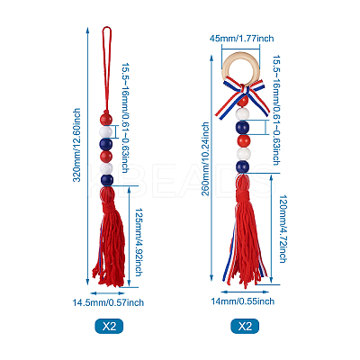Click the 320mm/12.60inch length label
click(x=76, y=145)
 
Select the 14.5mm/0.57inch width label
click(x=108, y=302)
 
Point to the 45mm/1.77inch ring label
click(x=241, y=39)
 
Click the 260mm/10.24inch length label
click(x=205, y=158)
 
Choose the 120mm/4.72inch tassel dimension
click(x=283, y=229)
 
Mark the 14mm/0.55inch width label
click(x=242, y=301)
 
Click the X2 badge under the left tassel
click(x=109, y=326)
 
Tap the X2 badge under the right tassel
click(x=245, y=326)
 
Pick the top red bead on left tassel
click(x=106, y=119)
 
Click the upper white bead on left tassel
click(x=106, y=131)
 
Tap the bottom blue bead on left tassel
click(x=107, y=180)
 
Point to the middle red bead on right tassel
click(x=243, y=140)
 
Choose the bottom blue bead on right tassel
click(x=242, y=166)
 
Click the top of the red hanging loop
click(x=107, y=27)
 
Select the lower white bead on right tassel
click(x=243, y=154)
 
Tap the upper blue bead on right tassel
click(x=242, y=128)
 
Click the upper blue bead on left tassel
click(x=106, y=144)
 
